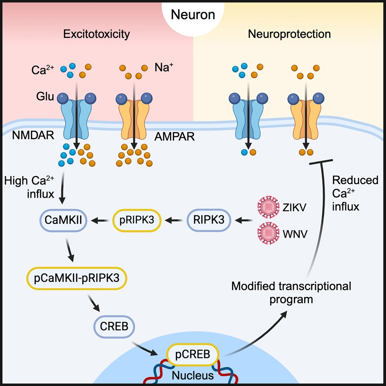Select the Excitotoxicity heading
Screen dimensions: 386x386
tap(96, 34)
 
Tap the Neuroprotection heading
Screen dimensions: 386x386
tap(289, 34)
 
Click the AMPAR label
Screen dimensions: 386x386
tap(171, 137)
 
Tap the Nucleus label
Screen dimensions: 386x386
tap(193, 376)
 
